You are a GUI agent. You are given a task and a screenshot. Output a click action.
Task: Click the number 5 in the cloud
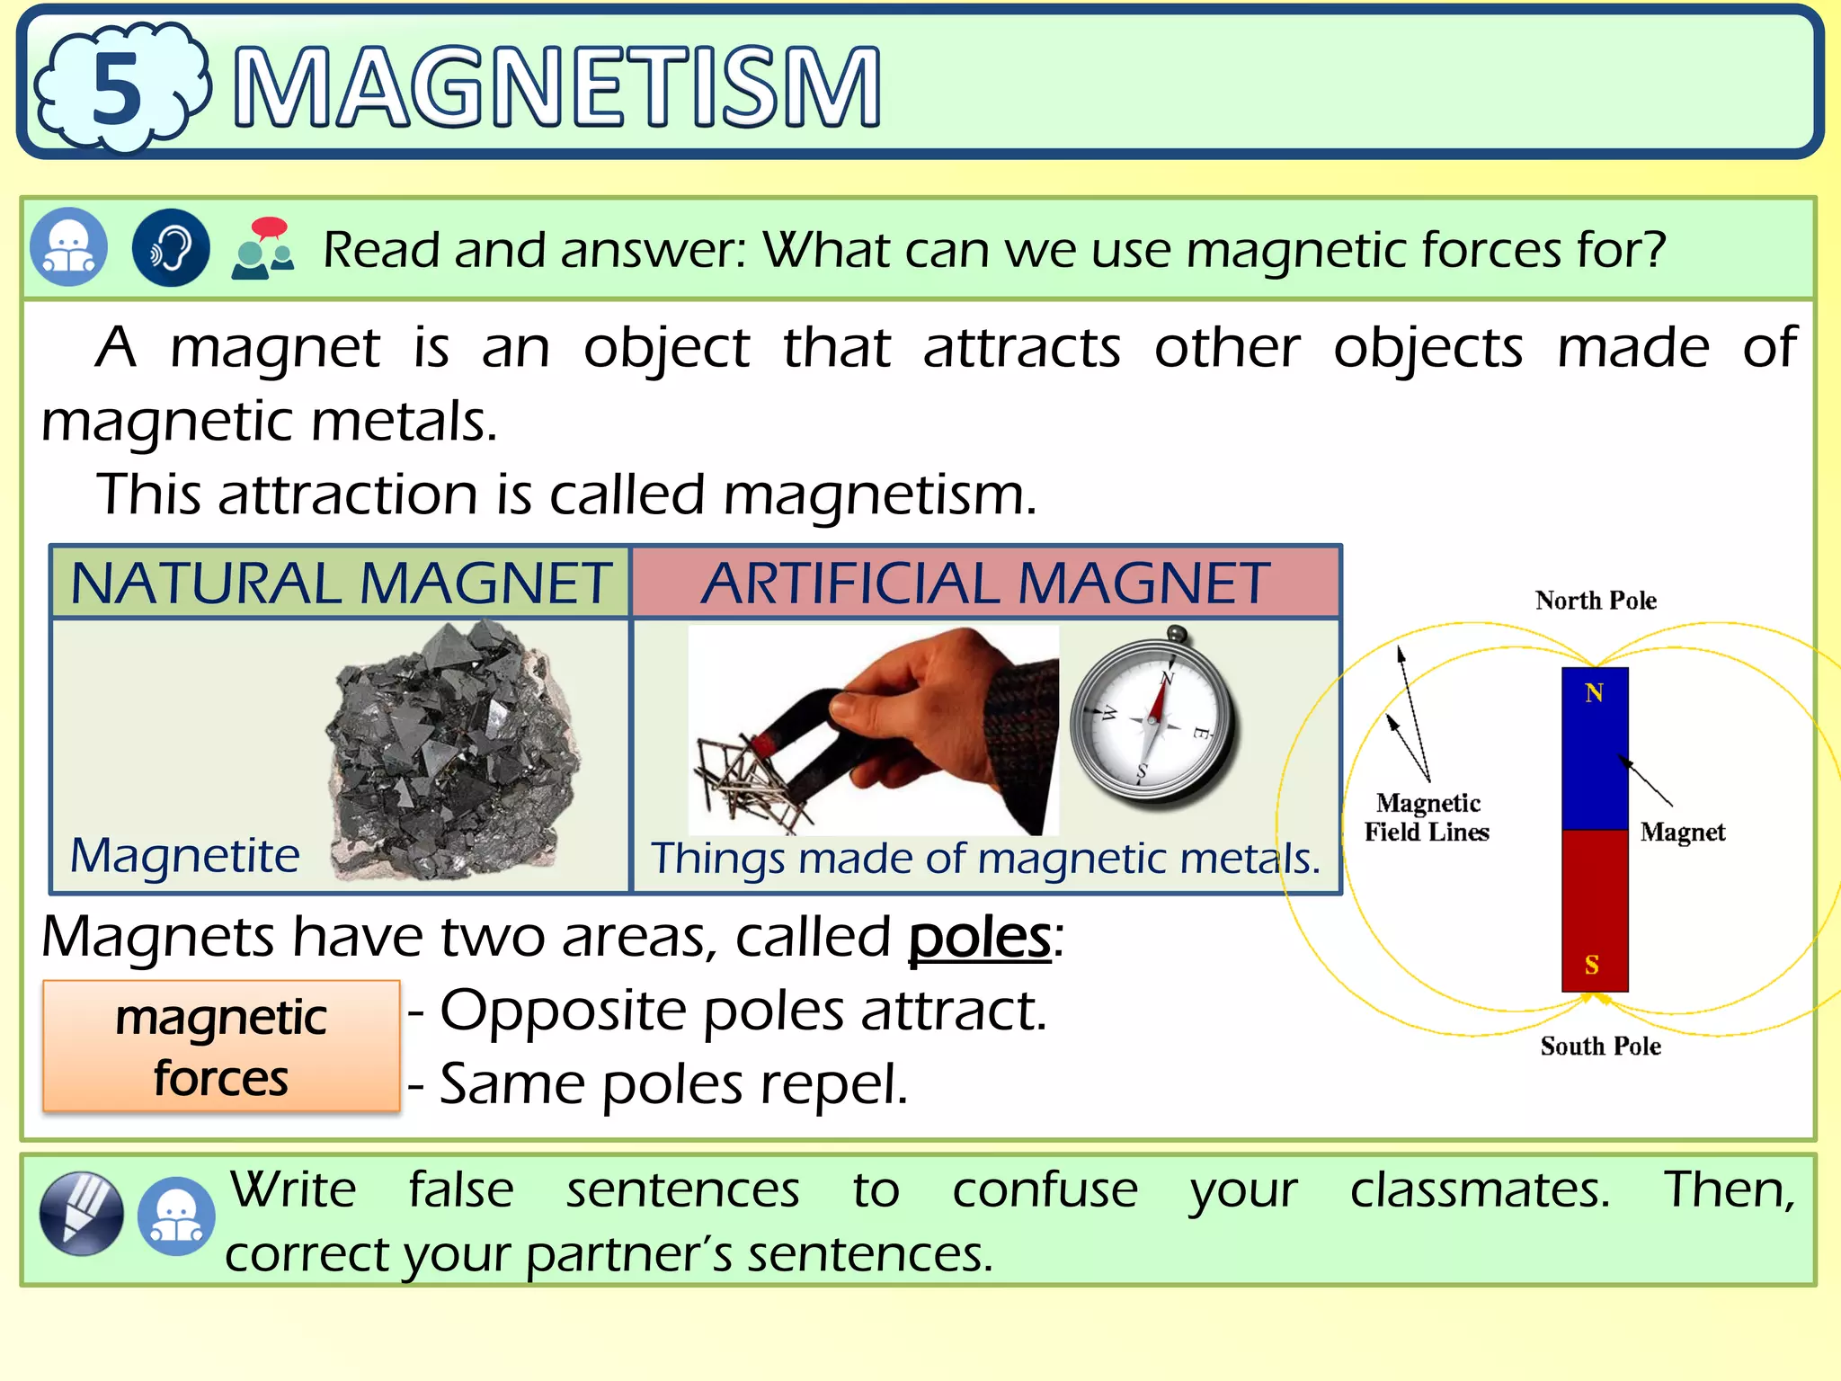click(117, 88)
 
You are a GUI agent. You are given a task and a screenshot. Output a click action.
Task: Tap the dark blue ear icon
click(171, 247)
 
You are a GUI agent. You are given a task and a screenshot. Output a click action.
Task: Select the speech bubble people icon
click(262, 248)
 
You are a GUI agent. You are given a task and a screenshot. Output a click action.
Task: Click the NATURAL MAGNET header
click(341, 583)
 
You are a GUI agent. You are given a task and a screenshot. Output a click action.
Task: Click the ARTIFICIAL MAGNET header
click(985, 583)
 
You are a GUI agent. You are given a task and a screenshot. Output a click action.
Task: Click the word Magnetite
click(185, 854)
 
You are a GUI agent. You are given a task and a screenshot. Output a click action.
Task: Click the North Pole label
click(1596, 601)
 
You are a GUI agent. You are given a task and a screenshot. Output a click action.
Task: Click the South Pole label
click(1600, 1046)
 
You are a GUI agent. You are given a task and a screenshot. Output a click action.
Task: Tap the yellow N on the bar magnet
click(1594, 693)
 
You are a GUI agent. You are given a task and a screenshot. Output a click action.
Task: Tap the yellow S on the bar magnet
click(1592, 965)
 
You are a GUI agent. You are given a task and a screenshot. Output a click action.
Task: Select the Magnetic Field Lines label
click(1427, 817)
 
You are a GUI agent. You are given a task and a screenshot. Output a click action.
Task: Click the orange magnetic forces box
click(221, 1047)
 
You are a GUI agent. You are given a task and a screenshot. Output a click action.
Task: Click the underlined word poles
click(979, 938)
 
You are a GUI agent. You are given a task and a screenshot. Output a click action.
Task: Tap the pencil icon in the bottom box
click(82, 1213)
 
